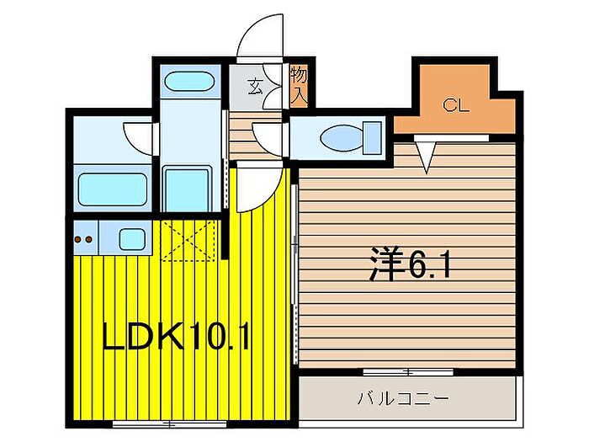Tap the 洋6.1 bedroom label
pos(411,266)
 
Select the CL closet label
pos(455,105)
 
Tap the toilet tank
pos(372,136)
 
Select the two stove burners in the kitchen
pos(84,239)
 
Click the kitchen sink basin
pos(131,238)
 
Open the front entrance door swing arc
pos(259,38)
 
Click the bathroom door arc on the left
pos(138,135)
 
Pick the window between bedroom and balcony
pos(407,371)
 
